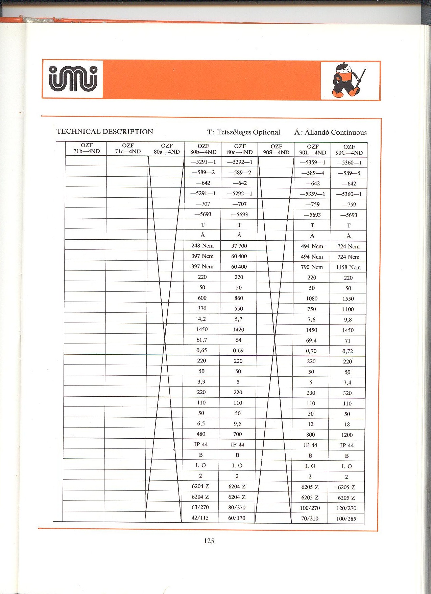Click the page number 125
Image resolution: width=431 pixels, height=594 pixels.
point(209,541)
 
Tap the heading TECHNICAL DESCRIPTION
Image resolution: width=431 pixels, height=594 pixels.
point(105,132)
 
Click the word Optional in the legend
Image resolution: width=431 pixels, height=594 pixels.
point(267,132)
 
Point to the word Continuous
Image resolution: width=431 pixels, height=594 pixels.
point(349,132)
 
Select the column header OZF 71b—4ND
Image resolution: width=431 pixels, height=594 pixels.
point(87,149)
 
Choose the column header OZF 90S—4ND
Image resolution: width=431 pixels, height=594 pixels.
point(276,149)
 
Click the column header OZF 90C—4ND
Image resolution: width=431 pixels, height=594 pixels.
point(349,150)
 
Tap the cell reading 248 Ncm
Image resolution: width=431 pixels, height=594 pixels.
point(202,246)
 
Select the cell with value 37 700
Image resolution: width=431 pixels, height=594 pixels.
point(239,246)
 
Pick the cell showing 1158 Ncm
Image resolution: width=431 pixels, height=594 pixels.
point(348,267)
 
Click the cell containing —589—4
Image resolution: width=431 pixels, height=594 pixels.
point(313,173)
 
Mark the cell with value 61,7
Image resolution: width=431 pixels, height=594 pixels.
point(202,340)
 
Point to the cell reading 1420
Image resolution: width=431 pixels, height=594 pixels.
point(238,330)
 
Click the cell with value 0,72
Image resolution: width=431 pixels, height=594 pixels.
point(348,351)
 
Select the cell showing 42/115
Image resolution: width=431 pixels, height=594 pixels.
point(200,518)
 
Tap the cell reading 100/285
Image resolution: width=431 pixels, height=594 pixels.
point(346,519)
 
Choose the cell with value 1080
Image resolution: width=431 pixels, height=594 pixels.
point(312,299)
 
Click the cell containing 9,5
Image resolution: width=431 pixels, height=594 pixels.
point(238,424)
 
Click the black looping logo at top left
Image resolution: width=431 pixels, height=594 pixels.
point(73,79)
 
